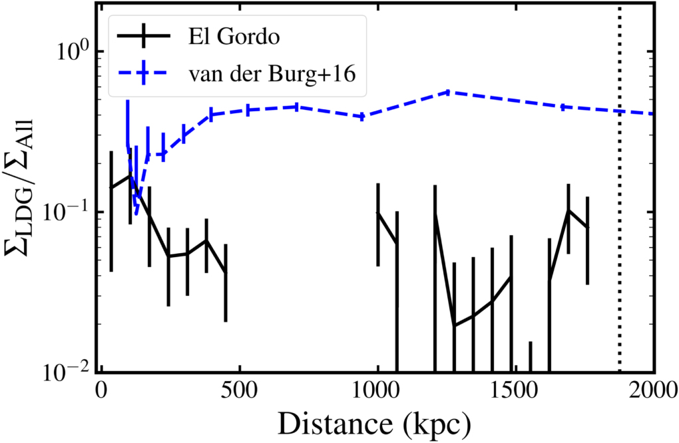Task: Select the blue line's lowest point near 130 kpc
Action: pos(136,213)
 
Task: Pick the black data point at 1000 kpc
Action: pos(378,213)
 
